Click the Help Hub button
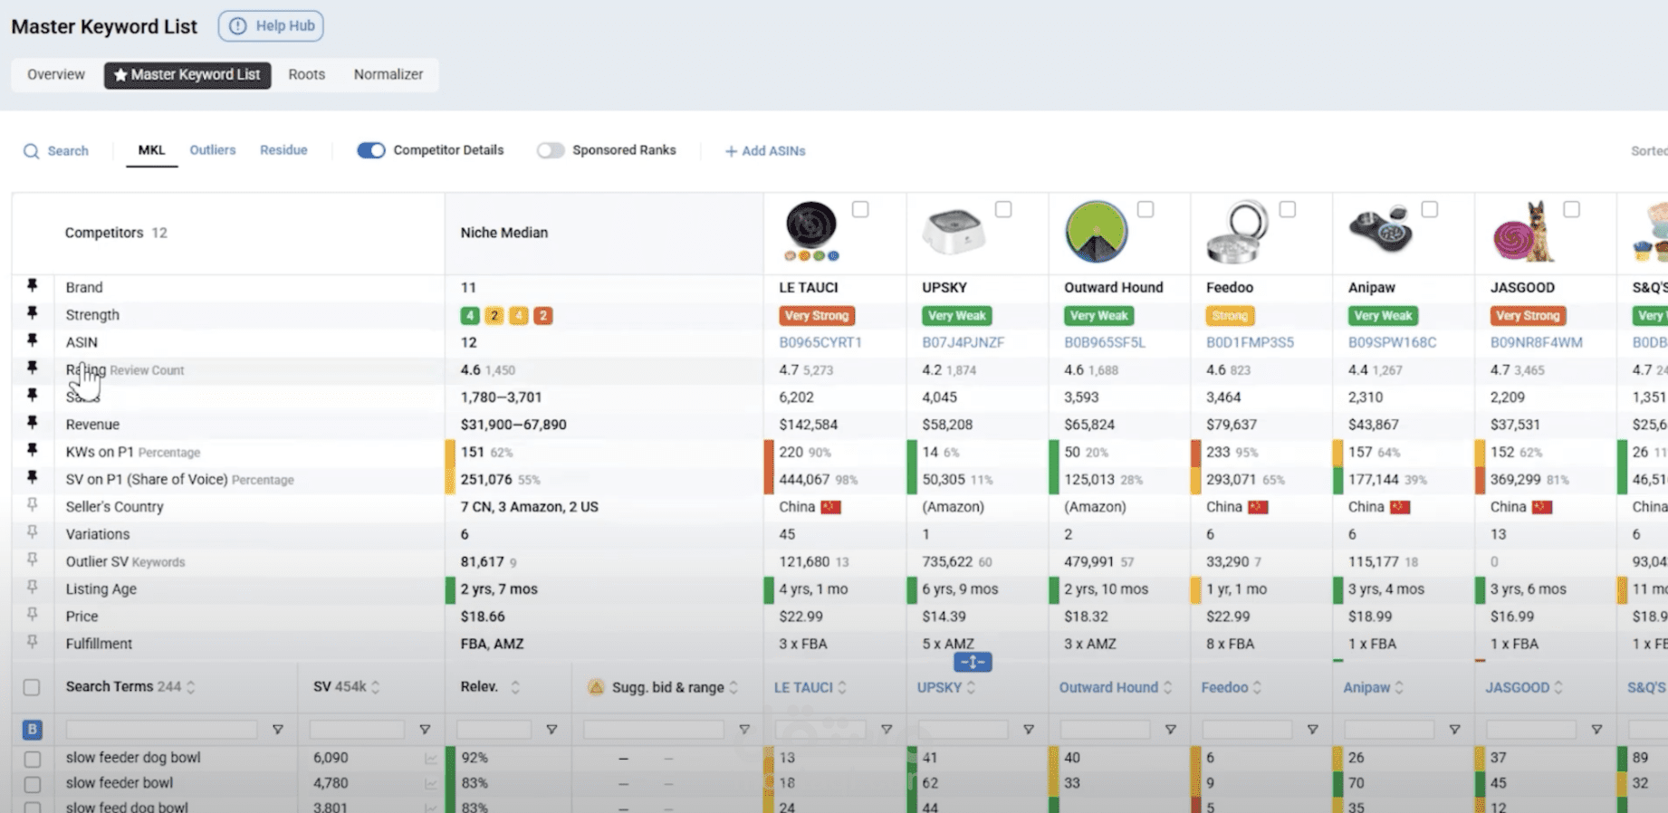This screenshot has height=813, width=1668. [271, 26]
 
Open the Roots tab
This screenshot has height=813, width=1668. [306, 74]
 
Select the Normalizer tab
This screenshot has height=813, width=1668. [388, 74]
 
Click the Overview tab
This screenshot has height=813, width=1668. [56, 74]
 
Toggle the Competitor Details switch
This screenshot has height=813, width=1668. [370, 150]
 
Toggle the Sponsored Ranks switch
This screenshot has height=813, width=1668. [550, 150]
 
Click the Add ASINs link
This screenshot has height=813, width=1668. [765, 151]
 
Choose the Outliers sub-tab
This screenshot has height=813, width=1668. [212, 150]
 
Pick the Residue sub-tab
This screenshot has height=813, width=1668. [283, 150]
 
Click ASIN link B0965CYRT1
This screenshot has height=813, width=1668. [820, 342]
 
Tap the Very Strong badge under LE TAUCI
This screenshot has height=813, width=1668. [817, 316]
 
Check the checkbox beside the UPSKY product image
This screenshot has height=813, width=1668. [1003, 210]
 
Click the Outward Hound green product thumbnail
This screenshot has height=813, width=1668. [1096, 232]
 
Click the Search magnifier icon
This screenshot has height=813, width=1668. [32, 151]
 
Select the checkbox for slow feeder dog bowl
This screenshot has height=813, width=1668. [32, 759]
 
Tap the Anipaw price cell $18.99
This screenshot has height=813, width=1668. [1369, 617]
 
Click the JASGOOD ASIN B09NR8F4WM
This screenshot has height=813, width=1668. [1536, 342]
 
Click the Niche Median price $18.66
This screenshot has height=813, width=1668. [483, 617]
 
